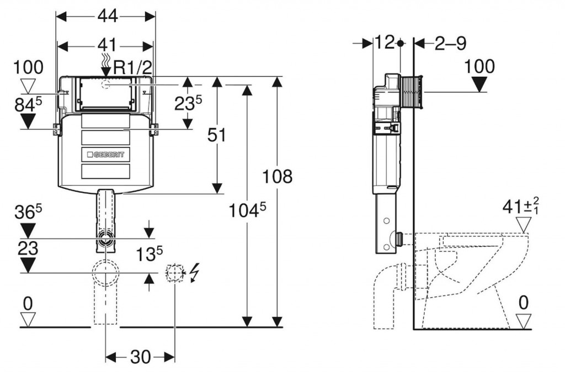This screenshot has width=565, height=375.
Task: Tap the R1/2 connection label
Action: click(133, 68)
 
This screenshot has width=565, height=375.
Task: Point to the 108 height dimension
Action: click(278, 177)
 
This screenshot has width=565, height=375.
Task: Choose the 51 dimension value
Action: click(217, 135)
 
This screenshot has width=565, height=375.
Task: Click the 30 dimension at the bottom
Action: click(140, 357)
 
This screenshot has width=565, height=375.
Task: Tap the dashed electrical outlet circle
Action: click(175, 273)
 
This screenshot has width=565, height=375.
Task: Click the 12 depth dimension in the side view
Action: click(385, 43)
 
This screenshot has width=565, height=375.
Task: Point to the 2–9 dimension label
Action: click(450, 43)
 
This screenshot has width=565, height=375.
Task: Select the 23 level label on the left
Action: click(28, 249)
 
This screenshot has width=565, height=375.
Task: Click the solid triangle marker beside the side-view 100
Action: click(479, 84)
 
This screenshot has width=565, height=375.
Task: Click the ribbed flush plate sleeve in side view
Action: click(414, 91)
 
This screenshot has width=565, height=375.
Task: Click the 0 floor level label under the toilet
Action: click(523, 302)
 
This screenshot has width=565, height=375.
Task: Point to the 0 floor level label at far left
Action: click(28, 302)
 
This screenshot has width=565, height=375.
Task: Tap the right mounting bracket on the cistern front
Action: click(153, 130)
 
